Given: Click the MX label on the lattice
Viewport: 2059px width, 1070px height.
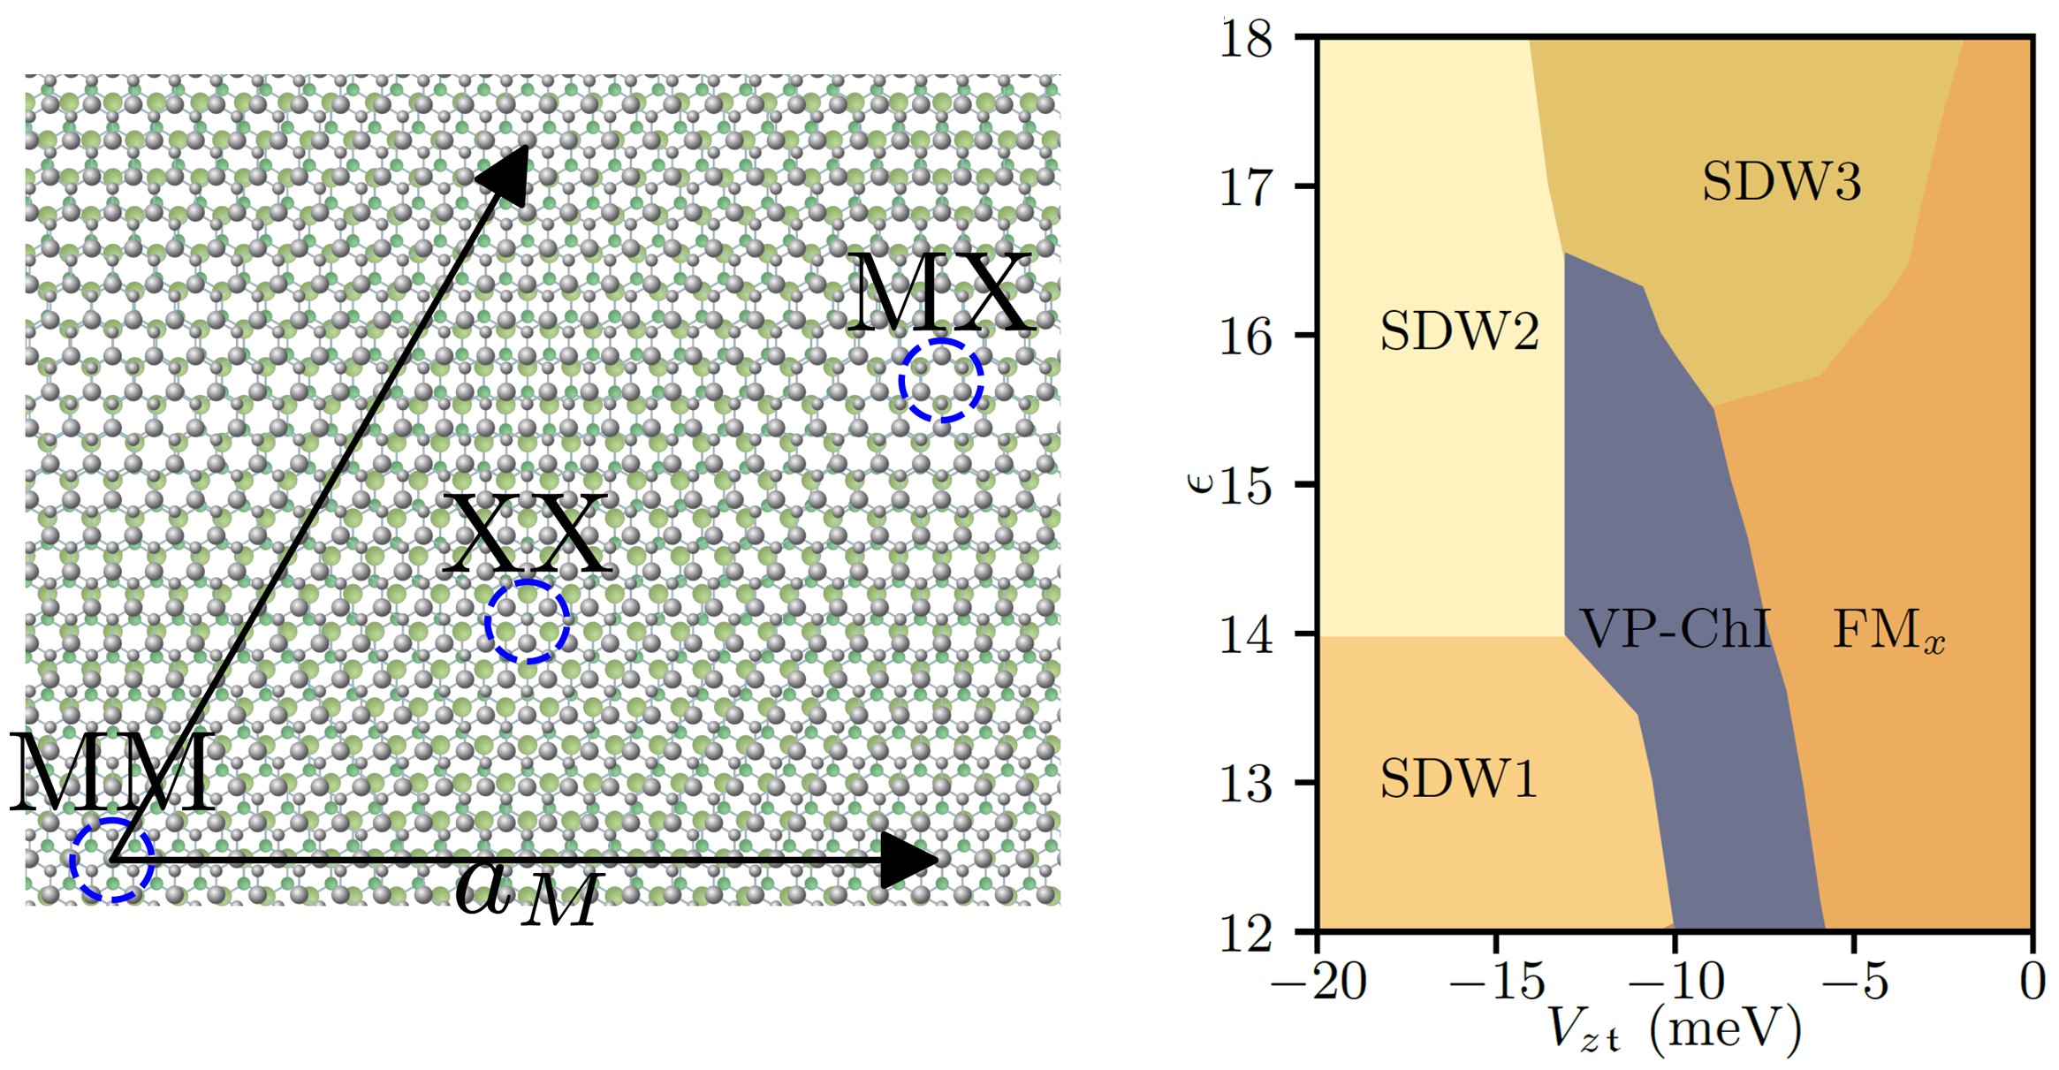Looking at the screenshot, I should [x=939, y=293].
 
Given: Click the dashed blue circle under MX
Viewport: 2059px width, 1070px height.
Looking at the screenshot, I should [x=941, y=380].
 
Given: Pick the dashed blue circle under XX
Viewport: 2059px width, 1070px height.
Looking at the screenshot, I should [x=527, y=621].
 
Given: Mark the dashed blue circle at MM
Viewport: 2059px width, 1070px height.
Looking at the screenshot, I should [x=112, y=860].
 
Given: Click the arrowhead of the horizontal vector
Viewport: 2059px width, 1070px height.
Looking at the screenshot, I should [x=910, y=860].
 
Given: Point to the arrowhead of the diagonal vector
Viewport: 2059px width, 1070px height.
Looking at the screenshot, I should [x=508, y=172].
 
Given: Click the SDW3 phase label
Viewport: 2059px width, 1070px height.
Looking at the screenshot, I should [x=1782, y=181].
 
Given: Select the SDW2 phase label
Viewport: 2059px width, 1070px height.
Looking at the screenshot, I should [x=1459, y=331].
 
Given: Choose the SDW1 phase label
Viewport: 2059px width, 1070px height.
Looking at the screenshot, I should [x=1458, y=778].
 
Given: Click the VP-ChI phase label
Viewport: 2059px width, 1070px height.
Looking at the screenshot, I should [x=1675, y=628].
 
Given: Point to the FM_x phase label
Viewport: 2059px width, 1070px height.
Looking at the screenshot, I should [x=1888, y=630].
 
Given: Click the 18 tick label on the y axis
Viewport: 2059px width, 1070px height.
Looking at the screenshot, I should [x=1246, y=39].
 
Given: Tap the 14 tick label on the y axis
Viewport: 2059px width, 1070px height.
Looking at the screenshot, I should [x=1246, y=634].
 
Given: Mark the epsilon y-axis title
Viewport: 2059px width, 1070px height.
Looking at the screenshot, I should [x=1199, y=482].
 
